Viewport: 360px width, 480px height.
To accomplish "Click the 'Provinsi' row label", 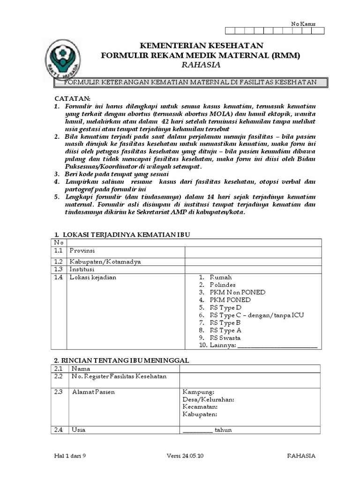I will pos(82,252).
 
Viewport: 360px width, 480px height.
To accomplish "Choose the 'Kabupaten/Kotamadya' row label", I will pos(105,262).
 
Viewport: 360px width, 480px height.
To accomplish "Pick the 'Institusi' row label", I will pos(82,270).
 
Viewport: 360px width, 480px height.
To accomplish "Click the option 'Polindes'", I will pos(222,285).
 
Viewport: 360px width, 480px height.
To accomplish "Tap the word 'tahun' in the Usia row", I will pos(223,430).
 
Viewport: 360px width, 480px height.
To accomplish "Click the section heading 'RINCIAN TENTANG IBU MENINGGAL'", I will pos(121,360).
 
